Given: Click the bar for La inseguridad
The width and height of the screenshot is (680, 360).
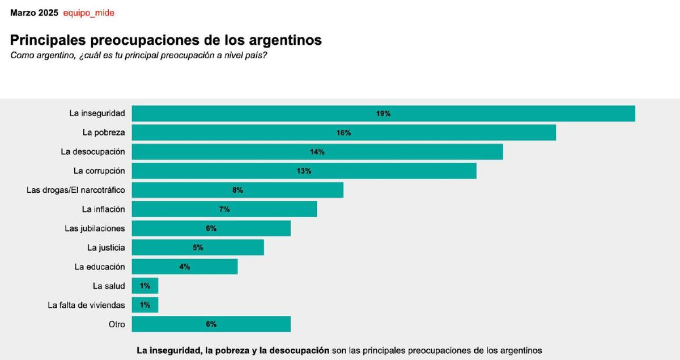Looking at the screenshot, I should click(383, 113).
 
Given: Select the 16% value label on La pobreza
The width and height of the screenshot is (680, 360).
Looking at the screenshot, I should click(343, 133).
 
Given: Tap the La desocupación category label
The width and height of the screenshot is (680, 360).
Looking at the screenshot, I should click(93, 152).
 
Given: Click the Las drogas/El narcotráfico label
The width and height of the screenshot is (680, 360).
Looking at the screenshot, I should click(76, 190).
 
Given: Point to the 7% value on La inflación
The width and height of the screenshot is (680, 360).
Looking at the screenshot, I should click(224, 209).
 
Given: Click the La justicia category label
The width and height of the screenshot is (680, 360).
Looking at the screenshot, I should click(106, 248).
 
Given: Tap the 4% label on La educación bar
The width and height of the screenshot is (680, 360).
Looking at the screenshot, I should click(184, 266).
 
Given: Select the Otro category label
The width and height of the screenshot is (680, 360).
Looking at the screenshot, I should click(116, 324).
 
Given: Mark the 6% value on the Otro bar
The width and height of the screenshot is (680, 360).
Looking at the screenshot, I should click(211, 324).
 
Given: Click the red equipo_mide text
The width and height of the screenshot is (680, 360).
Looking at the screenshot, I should click(88, 12).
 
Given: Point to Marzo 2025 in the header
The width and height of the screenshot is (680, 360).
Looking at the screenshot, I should click(34, 12).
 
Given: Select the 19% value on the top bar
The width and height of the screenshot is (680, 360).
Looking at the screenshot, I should click(383, 113).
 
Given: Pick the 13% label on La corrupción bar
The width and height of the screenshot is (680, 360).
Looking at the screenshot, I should click(304, 171).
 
